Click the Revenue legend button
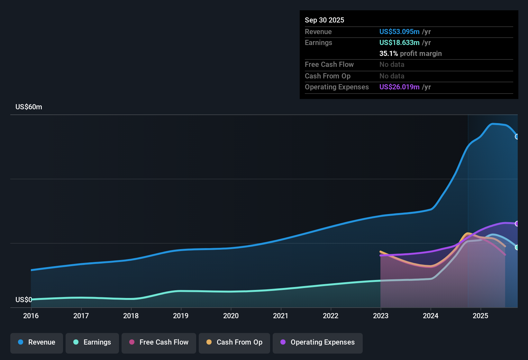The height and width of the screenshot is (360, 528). click(37, 342)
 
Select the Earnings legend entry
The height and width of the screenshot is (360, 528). click(92, 342)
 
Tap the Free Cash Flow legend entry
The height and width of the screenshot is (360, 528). click(159, 342)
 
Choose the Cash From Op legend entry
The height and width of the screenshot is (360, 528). click(234, 342)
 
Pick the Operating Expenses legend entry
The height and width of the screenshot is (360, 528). click(318, 342)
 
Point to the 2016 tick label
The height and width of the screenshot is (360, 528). click(31, 316)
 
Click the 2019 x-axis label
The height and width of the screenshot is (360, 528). click(181, 316)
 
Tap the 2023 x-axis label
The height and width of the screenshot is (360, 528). click(381, 316)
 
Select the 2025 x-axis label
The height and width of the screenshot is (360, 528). click(480, 316)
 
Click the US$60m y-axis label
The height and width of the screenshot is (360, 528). click(29, 107)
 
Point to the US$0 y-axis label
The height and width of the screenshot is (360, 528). click(23, 300)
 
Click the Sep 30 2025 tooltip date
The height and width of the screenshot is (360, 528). click(324, 20)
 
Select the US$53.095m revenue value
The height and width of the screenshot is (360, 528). click(399, 32)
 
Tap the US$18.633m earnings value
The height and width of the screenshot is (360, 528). click(399, 42)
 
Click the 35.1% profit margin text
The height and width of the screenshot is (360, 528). click(410, 53)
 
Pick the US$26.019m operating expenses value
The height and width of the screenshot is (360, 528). click(399, 87)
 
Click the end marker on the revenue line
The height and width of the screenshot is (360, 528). click(517, 137)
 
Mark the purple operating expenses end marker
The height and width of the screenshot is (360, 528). click(517, 224)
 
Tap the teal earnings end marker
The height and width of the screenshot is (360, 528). click(517, 248)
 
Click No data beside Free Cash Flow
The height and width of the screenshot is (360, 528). click(392, 65)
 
